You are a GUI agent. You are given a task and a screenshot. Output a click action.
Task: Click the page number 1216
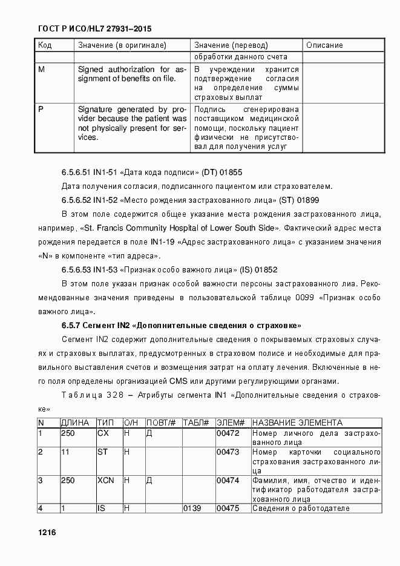(x=47, y=532)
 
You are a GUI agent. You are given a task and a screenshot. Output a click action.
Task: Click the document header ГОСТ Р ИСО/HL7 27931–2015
(x=94, y=29)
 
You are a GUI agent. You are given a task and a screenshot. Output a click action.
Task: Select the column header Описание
(x=324, y=45)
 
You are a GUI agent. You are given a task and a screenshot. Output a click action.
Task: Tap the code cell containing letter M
(x=42, y=70)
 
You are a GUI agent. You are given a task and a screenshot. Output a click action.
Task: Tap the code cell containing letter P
(x=41, y=110)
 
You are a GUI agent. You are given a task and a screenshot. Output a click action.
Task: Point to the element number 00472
(x=228, y=433)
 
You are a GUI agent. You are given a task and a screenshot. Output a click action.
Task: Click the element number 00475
(x=228, y=508)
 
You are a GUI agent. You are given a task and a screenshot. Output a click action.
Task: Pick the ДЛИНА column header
(x=75, y=423)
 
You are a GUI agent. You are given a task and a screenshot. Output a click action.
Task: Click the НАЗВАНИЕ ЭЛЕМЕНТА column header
(x=297, y=423)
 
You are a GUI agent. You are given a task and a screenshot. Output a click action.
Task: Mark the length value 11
(x=65, y=452)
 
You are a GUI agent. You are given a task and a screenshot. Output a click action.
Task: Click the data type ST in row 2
(x=102, y=452)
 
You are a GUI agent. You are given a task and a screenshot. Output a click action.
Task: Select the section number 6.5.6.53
(x=76, y=269)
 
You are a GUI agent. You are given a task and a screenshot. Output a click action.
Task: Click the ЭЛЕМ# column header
(x=231, y=423)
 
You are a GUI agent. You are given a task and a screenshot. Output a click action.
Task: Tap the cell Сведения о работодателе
(x=301, y=508)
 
